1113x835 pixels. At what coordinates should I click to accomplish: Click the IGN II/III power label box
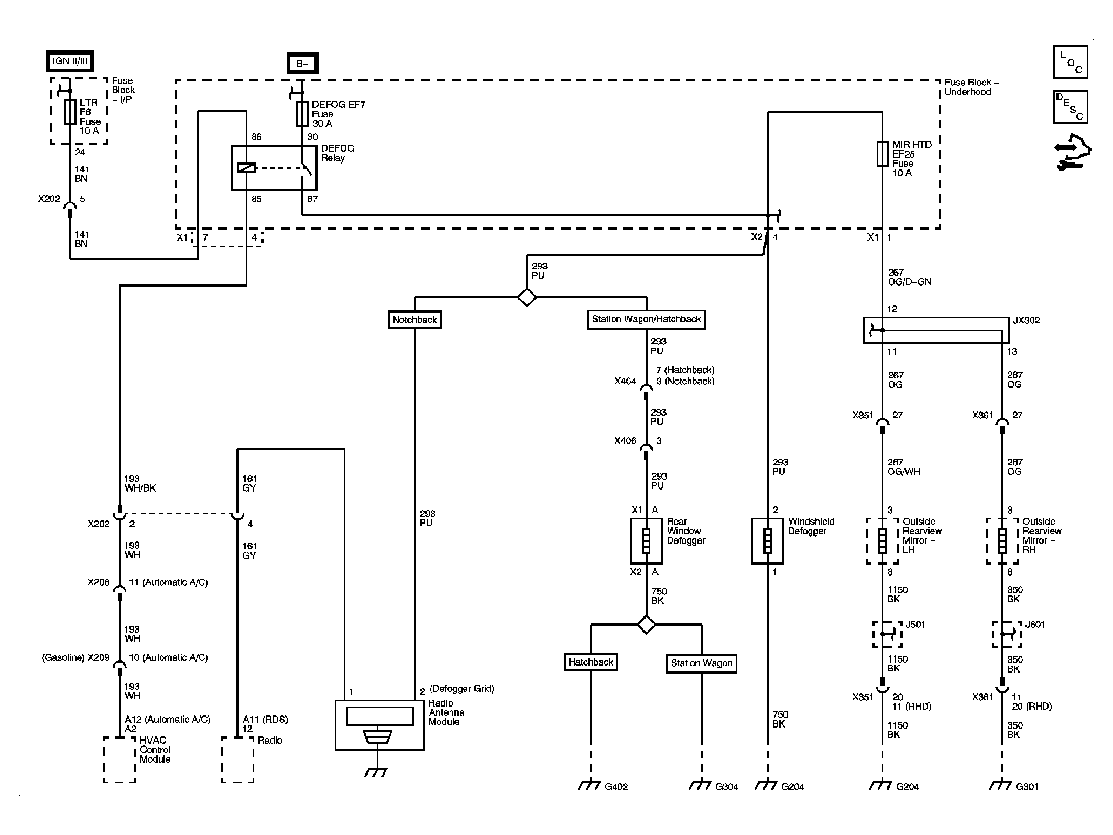click(70, 61)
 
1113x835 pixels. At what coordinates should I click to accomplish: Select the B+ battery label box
click(302, 63)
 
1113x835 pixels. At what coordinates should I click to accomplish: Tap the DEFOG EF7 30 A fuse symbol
click(302, 114)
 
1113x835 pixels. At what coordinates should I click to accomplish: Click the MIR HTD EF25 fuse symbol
click(882, 154)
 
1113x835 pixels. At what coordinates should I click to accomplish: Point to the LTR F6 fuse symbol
click(70, 112)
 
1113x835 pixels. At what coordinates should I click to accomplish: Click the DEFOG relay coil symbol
click(246, 168)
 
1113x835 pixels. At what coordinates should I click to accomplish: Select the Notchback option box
click(414, 320)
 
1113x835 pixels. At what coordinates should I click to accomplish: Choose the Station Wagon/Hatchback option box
click(646, 319)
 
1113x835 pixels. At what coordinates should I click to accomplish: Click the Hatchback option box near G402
click(591, 662)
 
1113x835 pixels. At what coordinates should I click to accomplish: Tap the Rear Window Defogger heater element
click(646, 541)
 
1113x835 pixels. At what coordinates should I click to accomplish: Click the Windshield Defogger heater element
click(767, 541)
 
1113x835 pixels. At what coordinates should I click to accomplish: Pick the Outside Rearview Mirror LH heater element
click(882, 541)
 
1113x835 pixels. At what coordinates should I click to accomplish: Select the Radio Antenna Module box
click(379, 725)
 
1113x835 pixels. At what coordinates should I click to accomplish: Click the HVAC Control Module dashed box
click(119, 760)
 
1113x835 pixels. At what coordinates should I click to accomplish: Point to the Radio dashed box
click(237, 760)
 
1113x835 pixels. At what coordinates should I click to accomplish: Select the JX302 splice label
click(1026, 320)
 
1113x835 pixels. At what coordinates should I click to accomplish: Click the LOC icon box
click(1071, 62)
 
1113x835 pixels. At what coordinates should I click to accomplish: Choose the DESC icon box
click(1071, 107)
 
